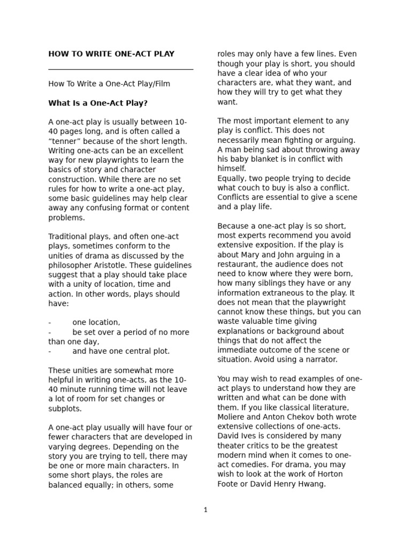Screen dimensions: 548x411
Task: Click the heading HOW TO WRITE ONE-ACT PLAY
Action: coord(111,54)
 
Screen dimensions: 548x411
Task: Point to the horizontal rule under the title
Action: coord(120,69)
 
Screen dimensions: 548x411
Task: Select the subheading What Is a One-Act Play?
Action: coord(98,103)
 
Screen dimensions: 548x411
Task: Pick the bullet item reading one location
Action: coord(96,322)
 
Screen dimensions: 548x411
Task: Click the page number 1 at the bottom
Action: coord(205,510)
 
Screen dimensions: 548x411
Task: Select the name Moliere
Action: coord(232,417)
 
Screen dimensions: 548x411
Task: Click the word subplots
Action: coord(65,408)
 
